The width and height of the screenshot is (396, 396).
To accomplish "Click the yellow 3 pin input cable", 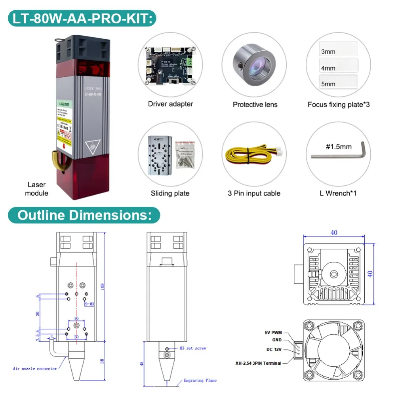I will (x=253, y=154).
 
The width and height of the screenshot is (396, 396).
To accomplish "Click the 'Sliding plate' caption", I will (x=170, y=193).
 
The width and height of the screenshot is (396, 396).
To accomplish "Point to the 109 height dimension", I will (x=103, y=286).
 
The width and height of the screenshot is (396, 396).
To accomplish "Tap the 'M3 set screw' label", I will (x=192, y=348).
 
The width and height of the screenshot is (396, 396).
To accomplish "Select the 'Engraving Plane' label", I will (x=200, y=381).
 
